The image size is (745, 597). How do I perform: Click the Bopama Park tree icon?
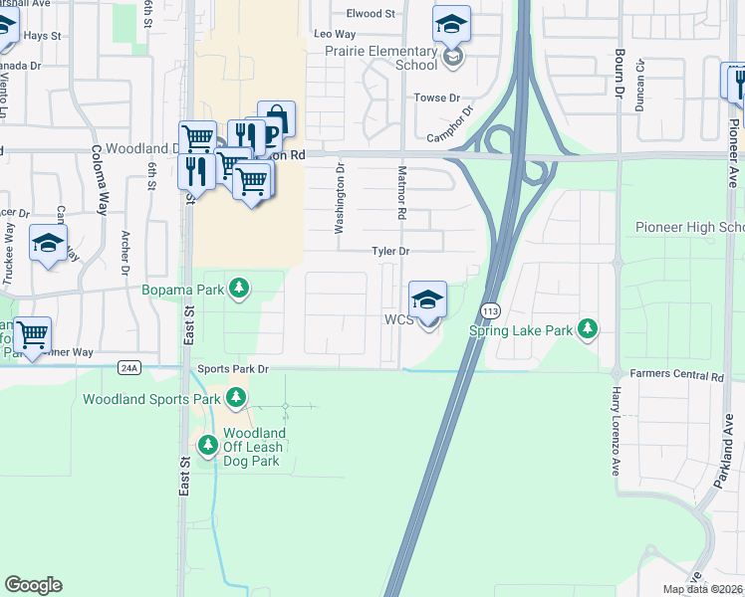pos(238,290)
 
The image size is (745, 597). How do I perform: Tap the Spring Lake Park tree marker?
pos(589,328)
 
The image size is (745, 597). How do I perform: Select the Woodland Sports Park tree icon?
pos(236,399)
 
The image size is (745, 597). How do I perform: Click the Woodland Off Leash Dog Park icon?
pos(207,445)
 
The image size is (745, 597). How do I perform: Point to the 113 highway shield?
pos(488,311)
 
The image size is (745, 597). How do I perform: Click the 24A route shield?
pos(128,368)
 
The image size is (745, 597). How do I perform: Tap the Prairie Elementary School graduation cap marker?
pos(451,23)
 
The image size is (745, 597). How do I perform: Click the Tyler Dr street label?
pos(391,252)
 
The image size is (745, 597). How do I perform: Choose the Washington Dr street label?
pos(340,200)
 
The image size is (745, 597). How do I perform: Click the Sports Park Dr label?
pos(234,369)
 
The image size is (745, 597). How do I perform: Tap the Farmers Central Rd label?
pos(677,376)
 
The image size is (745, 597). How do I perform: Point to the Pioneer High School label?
pos(689,228)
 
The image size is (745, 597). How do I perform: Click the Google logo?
pos(33,585)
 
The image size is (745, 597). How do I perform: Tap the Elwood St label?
pos(371,14)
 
